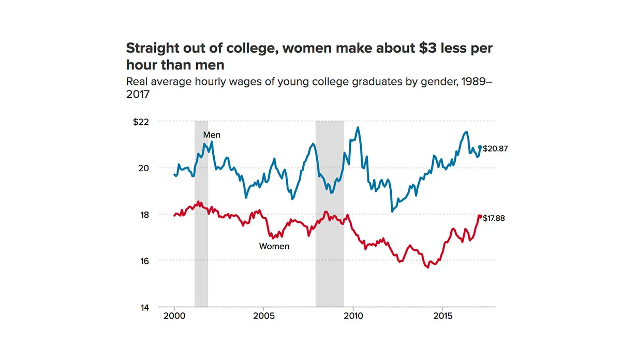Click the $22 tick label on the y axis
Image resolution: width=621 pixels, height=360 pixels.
tap(141, 122)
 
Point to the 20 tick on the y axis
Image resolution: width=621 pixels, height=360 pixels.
tap(144, 168)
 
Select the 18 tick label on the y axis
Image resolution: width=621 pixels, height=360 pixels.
tap(144, 215)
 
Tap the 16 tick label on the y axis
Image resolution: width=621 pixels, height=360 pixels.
tap(144, 261)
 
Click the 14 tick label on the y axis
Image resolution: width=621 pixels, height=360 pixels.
tap(144, 307)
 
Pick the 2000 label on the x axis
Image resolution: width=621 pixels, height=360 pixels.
tap(174, 316)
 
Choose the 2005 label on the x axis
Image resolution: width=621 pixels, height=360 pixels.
tap(264, 316)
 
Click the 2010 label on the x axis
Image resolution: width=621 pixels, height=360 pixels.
tap(353, 316)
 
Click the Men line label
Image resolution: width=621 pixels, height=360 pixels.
tap(212, 135)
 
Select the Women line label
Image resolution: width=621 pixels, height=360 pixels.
tap(274, 246)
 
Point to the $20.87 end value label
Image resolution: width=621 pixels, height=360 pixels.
tap(495, 148)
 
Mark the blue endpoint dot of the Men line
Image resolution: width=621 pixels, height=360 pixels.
tap(480, 147)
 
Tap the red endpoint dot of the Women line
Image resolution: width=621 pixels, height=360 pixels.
tap(479, 217)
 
